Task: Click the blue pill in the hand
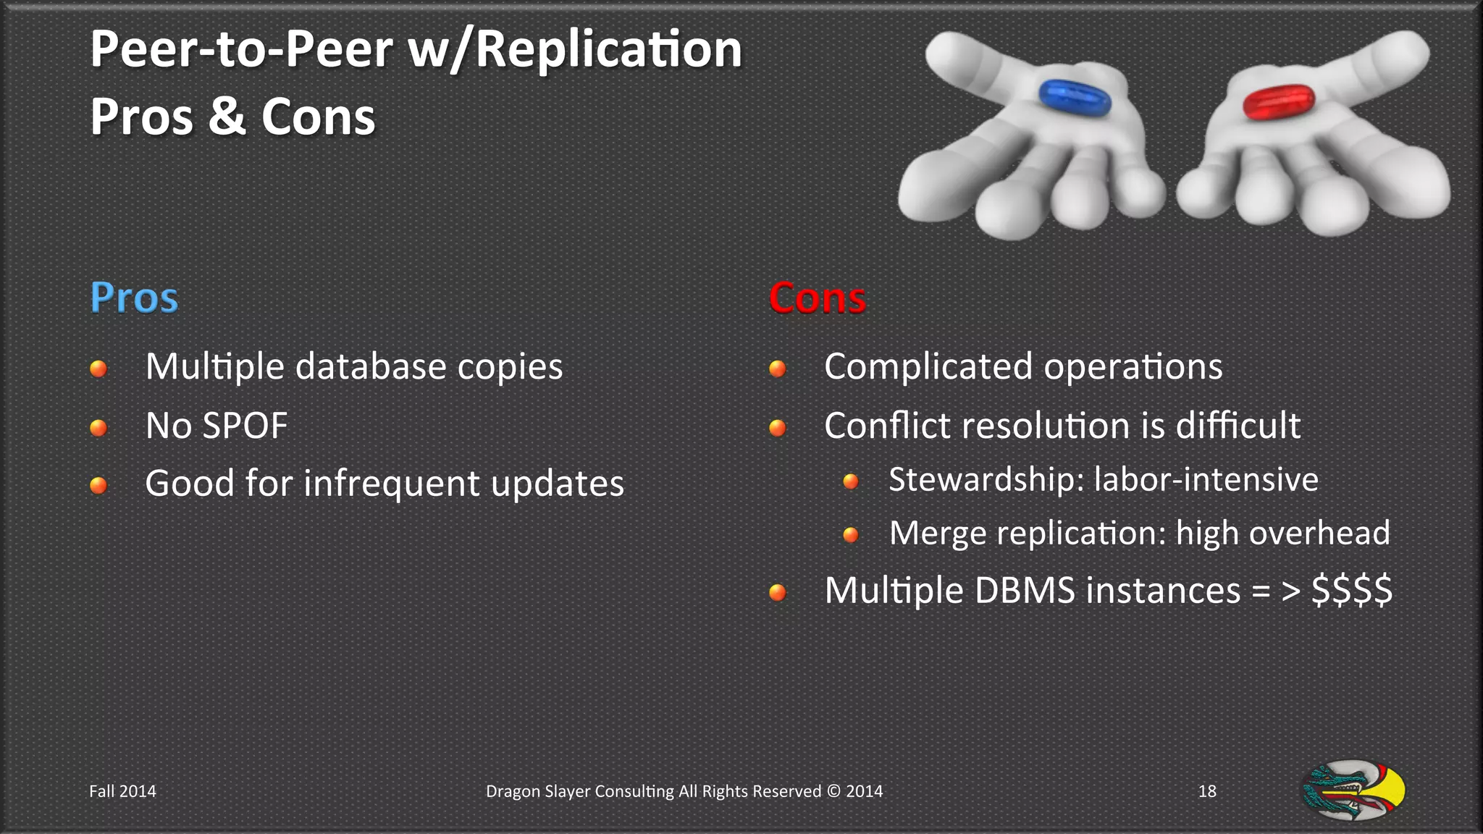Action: pos(1074,98)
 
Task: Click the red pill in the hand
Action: pos(1278,101)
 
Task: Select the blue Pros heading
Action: pos(134,298)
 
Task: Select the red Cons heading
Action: pos(817,298)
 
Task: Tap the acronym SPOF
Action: pos(245,426)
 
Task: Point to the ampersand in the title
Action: pos(227,117)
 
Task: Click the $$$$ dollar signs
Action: pos(1351,590)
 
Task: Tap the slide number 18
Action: pos(1207,791)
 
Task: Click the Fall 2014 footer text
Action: pos(122,791)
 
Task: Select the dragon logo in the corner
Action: pos(1353,790)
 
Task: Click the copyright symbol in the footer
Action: pos(833,791)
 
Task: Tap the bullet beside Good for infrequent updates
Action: pos(98,485)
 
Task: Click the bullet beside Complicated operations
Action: pos(778,368)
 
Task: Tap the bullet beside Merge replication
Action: pos(851,535)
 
